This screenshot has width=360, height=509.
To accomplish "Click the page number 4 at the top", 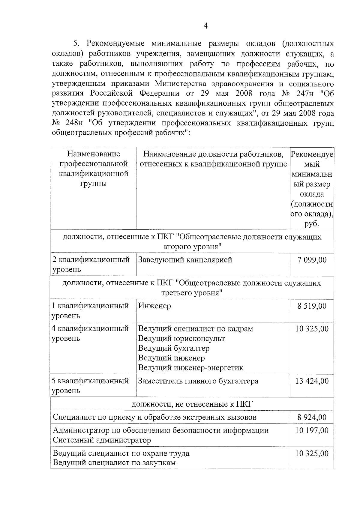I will click(x=205, y=26).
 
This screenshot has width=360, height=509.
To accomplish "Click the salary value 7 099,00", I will click(x=312, y=260).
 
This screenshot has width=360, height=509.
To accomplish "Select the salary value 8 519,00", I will click(x=312, y=306).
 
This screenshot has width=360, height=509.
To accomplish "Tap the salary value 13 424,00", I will click(x=312, y=381).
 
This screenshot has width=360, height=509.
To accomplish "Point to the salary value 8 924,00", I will click(x=312, y=417).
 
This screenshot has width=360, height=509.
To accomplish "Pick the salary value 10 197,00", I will click(x=312, y=430).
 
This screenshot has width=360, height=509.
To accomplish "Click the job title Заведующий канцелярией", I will click(x=185, y=260).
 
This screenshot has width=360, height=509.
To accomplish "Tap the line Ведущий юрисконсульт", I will click(x=181, y=339).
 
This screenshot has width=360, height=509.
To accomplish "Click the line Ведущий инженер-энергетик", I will click(x=190, y=368).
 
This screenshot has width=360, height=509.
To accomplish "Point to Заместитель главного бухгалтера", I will click(x=198, y=381).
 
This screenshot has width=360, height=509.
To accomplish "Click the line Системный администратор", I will click(x=102, y=440).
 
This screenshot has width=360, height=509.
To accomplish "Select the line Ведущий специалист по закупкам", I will click(x=114, y=463).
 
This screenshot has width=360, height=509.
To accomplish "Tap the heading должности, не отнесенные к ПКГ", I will click(x=192, y=404).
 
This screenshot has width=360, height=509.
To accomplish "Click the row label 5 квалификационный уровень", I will click(x=90, y=386).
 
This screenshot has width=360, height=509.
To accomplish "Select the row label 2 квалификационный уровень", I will click(x=91, y=264).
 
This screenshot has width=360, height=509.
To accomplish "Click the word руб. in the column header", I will click(x=311, y=224).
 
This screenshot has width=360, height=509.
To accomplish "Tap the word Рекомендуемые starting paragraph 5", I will click(x=115, y=44).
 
